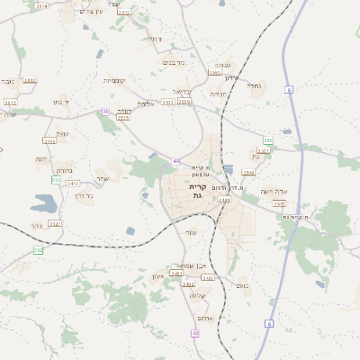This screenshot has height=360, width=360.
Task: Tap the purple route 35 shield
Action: (x=106, y=112)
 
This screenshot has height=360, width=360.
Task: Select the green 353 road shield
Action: (x=267, y=140)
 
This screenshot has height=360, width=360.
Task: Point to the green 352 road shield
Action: (x=38, y=250)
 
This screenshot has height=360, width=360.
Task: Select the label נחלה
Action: (x=255, y=86)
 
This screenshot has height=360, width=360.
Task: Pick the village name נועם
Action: (x=242, y=285)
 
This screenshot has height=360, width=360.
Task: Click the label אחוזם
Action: (x=203, y=318)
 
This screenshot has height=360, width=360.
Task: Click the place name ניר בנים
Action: (x=174, y=62)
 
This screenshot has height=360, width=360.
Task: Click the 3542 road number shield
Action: (x=280, y=203)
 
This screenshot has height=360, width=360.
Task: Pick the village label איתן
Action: (x=158, y=275)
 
